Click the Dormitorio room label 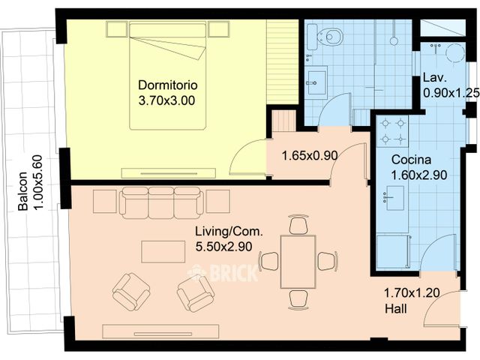coord(168,85)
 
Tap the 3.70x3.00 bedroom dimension coord(166,100)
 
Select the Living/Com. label coord(229,231)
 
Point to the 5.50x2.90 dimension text coord(223,247)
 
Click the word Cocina coord(411,160)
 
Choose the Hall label coord(396,308)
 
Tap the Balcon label coord(22,191)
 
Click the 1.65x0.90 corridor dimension coord(310,156)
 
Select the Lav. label coord(435,77)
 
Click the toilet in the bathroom coord(329,37)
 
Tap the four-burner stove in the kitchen coord(392,131)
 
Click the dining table coord(298,262)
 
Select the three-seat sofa coord(161,202)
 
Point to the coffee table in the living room coord(163,252)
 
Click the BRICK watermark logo coord(223,272)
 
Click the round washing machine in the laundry coord(455,53)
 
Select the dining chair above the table coord(298,225)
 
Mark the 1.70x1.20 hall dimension coord(412,293)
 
